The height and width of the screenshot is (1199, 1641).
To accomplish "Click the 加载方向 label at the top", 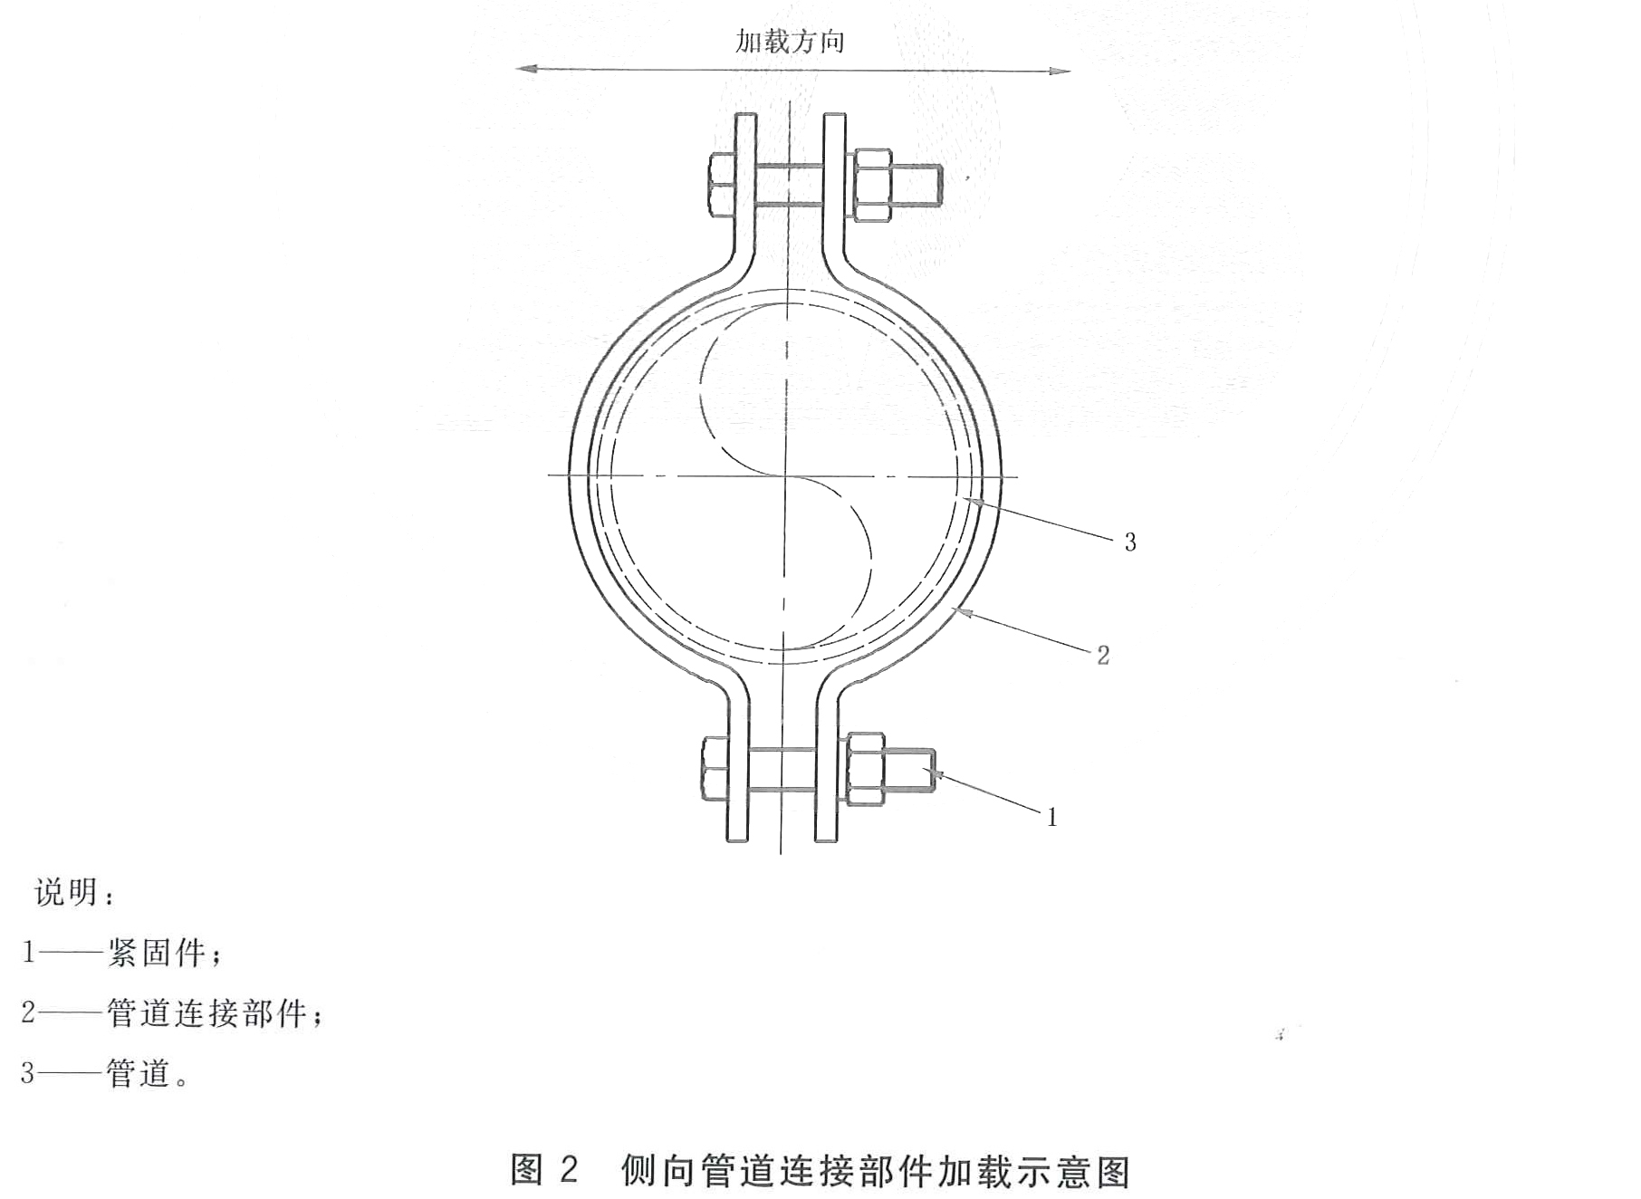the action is [x=790, y=41].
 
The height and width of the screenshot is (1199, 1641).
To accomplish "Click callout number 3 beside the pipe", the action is [x=1130, y=542].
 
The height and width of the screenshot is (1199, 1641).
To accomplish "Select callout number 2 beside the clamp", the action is [x=1103, y=655].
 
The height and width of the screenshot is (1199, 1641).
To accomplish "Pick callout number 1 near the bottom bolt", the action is [x=1052, y=818].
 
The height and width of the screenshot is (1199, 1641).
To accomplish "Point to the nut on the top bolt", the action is [x=869, y=186].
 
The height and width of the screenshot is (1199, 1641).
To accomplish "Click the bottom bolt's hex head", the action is [x=715, y=769].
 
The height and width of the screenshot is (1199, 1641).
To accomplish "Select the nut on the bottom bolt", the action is [x=864, y=770].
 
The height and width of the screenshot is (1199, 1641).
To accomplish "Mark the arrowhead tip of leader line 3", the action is [x=963, y=499].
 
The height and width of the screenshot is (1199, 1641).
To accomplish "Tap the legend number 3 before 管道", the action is [x=28, y=1074].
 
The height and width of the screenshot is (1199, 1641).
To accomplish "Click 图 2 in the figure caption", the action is [x=543, y=1170].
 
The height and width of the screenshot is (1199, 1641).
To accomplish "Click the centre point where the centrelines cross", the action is [x=784, y=475].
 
